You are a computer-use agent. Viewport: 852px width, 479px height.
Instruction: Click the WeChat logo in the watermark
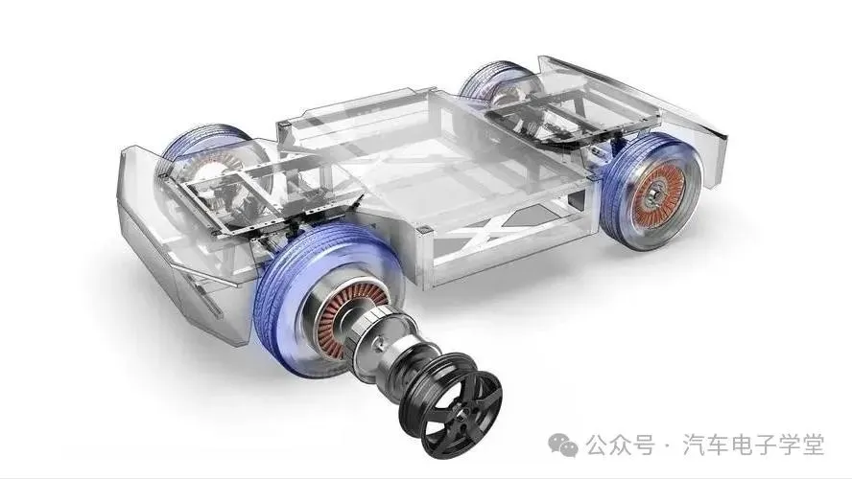[563, 445]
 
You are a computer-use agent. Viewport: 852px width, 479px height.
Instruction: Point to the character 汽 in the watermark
[694, 445]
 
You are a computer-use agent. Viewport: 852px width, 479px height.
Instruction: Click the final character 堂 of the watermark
[813, 445]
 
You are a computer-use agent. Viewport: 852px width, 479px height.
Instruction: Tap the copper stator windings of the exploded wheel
[340, 315]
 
